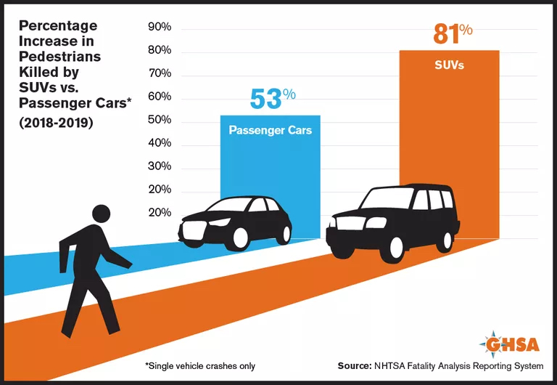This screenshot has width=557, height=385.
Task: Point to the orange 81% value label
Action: tap(453, 34)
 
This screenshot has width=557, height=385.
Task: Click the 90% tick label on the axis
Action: tap(159, 27)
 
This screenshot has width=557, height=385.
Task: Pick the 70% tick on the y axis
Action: tap(159, 73)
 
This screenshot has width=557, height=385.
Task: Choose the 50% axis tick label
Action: tap(159, 120)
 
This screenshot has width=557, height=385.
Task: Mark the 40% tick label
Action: tap(159, 143)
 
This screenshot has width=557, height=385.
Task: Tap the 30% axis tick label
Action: tap(159, 166)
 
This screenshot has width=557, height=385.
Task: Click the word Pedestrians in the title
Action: tap(59, 56)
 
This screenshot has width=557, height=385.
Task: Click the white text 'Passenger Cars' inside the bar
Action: tap(270, 131)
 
